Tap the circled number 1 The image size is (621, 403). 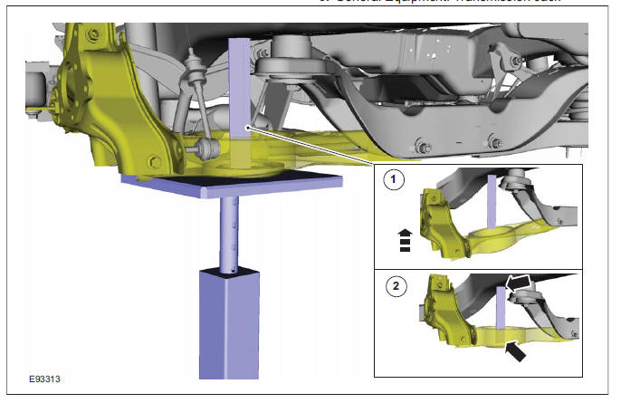pos(392,180)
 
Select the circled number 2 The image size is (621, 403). pos(392,288)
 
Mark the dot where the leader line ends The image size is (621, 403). pos(247,129)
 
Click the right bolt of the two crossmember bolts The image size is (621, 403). pos(493,141)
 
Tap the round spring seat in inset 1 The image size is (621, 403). pos(492,239)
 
